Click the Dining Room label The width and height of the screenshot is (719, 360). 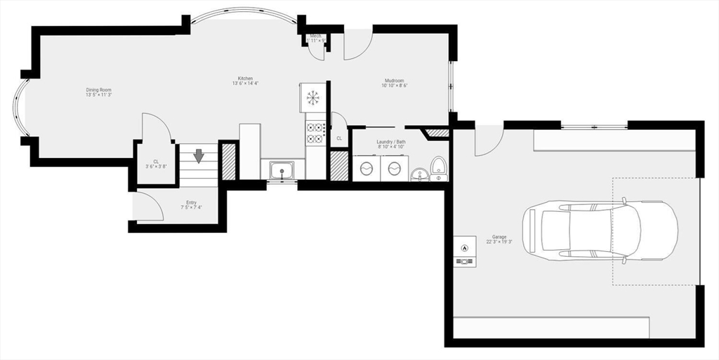(x=98, y=90)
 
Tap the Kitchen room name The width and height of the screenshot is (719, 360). (x=245, y=79)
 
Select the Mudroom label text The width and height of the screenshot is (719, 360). (x=394, y=81)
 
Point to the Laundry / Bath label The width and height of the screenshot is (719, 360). (x=390, y=141)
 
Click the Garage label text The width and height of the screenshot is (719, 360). (x=499, y=237)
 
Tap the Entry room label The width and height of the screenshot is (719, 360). (x=191, y=202)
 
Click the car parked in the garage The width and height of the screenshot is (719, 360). (x=602, y=230)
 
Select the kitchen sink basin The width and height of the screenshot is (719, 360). (x=282, y=171)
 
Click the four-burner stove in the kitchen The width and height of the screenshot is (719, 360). (x=315, y=133)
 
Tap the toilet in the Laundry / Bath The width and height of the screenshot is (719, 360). (x=439, y=169)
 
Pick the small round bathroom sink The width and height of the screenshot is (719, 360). (x=419, y=174)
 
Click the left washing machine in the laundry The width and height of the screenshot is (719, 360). (x=366, y=169)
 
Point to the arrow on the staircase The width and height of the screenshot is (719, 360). (x=199, y=155)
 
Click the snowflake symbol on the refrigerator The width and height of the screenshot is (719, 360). (x=313, y=95)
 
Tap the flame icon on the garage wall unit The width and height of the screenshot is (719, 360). (x=464, y=247)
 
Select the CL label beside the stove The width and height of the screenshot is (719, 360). (x=339, y=138)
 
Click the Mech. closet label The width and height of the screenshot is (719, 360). (x=316, y=35)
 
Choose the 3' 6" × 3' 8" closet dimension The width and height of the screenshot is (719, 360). (x=156, y=167)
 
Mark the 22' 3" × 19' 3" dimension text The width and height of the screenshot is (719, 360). (x=499, y=242)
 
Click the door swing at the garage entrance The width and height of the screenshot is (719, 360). (x=487, y=140)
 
